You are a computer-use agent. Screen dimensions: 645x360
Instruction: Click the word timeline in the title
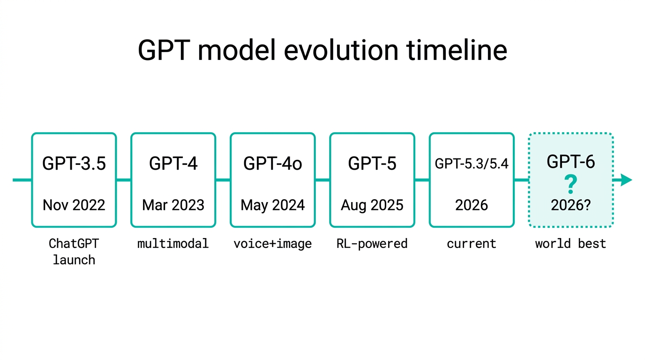pyautogui.click(x=457, y=51)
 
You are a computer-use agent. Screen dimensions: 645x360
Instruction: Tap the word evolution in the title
pyautogui.click(x=341, y=51)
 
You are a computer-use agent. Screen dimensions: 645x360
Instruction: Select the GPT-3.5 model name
pyautogui.click(x=74, y=163)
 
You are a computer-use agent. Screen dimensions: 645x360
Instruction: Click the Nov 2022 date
pyautogui.click(x=74, y=205)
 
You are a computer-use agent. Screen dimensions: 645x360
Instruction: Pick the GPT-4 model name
pyautogui.click(x=173, y=163)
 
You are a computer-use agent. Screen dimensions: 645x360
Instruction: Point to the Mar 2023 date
pyautogui.click(x=173, y=205)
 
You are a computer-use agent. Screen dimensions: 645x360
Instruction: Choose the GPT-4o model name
pyautogui.click(x=273, y=163)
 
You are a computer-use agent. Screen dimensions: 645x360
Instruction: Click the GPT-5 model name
pyautogui.click(x=372, y=163)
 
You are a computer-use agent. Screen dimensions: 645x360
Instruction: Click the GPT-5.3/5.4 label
pyautogui.click(x=472, y=164)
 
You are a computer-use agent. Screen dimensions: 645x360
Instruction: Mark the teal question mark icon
pyautogui.click(x=571, y=184)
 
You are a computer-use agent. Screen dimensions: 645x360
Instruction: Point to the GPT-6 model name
pyautogui.click(x=571, y=162)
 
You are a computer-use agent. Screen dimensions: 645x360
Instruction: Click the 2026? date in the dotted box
pyautogui.click(x=571, y=205)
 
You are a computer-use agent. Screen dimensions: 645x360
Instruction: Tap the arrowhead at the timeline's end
pyautogui.click(x=626, y=180)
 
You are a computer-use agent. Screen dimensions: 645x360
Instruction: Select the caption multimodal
pyautogui.click(x=173, y=244)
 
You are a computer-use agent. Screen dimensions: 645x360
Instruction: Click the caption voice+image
pyautogui.click(x=273, y=244)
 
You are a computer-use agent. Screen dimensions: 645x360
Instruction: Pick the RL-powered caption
pyautogui.click(x=372, y=244)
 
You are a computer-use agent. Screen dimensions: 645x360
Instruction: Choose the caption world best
pyautogui.click(x=571, y=244)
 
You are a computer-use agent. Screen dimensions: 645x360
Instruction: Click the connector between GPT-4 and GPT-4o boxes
pyautogui.click(x=223, y=180)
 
